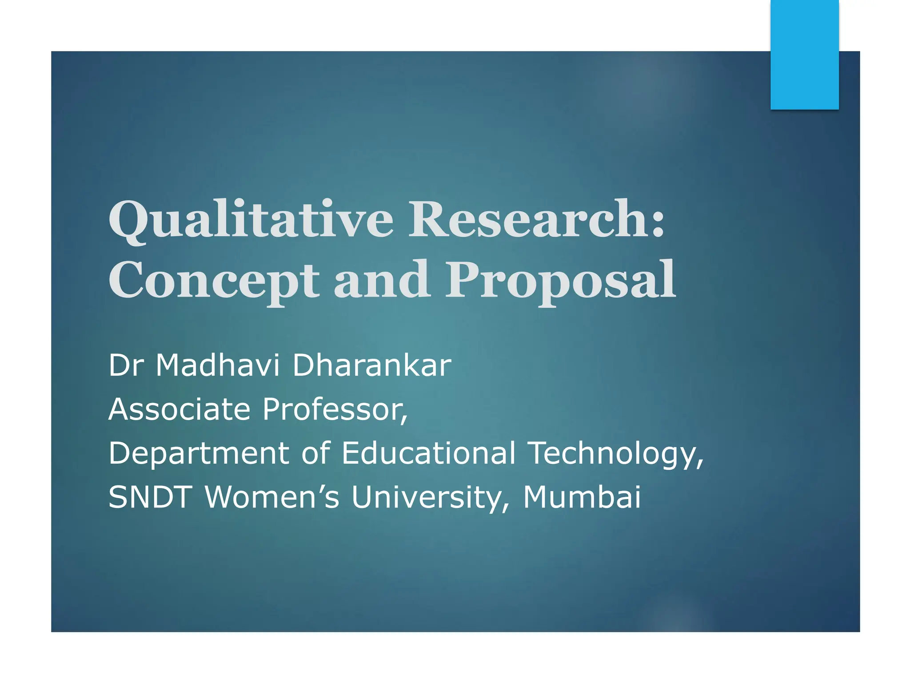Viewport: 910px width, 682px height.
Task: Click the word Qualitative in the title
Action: pyautogui.click(x=251, y=219)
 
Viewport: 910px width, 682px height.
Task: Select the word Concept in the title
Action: pyautogui.click(x=213, y=281)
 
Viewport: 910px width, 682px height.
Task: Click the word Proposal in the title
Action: pyautogui.click(x=561, y=281)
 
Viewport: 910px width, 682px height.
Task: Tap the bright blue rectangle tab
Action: pyautogui.click(x=804, y=54)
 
